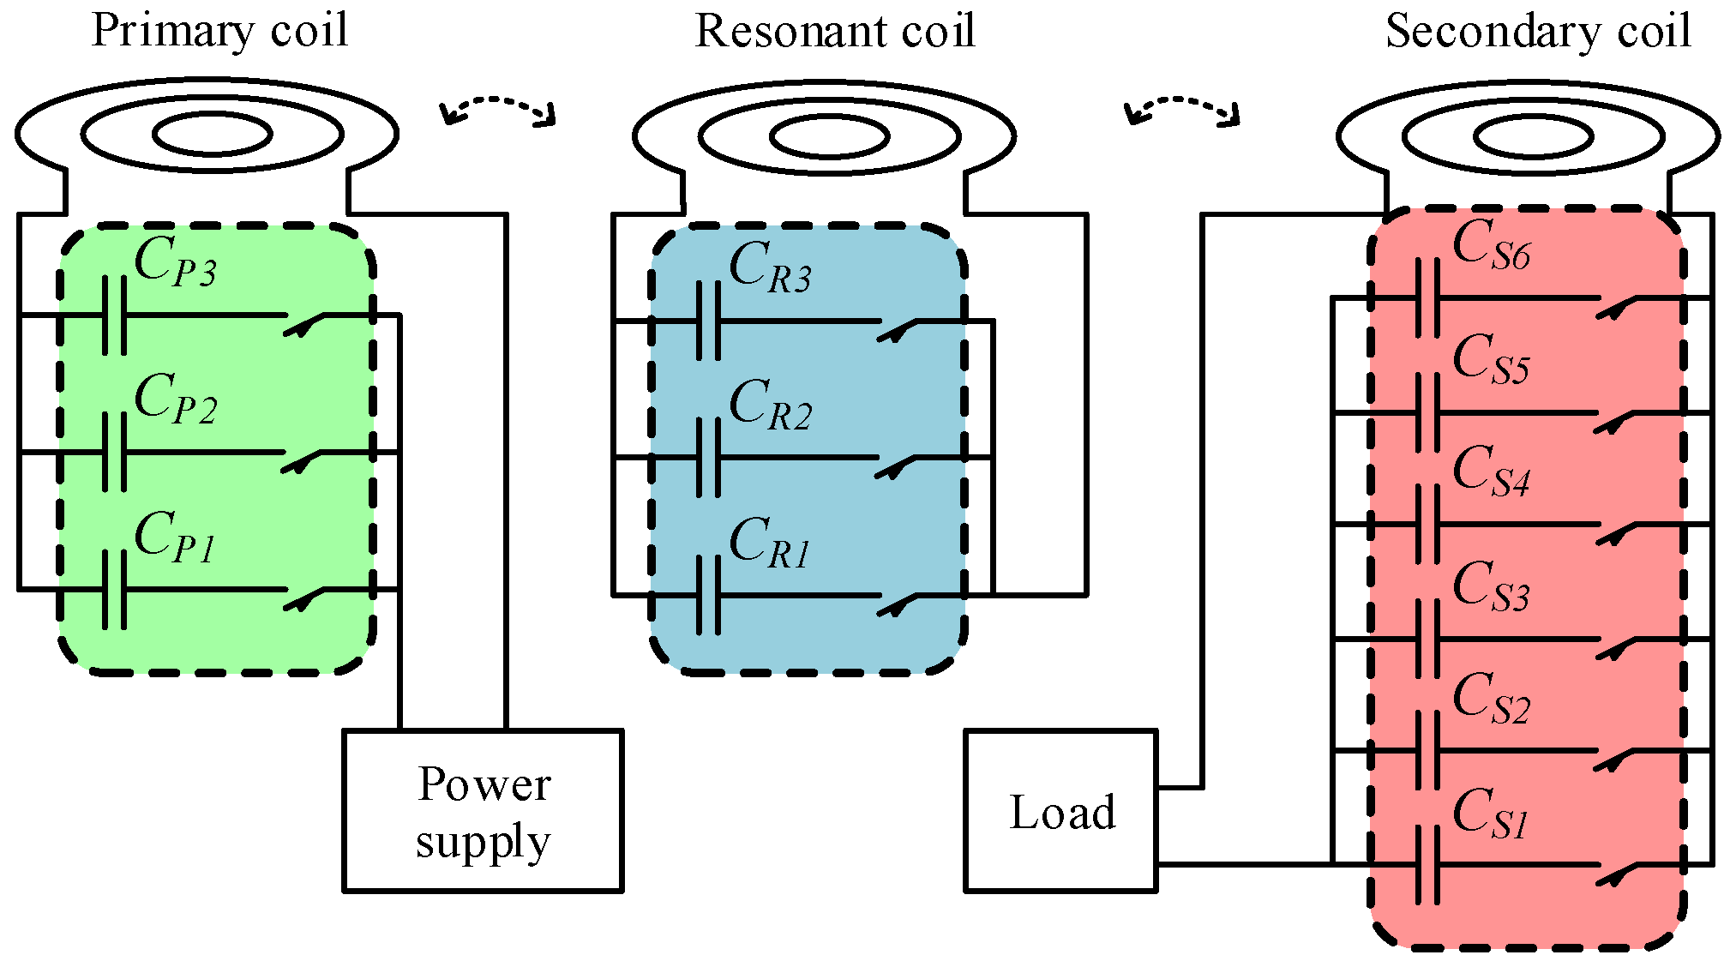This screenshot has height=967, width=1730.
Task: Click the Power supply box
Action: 483,811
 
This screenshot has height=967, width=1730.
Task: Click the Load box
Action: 1061,811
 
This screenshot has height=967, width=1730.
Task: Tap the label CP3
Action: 175,261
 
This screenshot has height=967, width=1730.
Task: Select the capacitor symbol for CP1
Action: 114,590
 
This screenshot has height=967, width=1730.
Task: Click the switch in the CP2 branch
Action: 302,459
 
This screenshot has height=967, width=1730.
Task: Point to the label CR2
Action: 770,405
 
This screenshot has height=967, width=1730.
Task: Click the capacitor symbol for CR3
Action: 709,321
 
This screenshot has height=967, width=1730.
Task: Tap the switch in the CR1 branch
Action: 897,603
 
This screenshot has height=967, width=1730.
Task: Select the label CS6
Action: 1491,245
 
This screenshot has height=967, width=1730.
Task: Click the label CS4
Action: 1491,472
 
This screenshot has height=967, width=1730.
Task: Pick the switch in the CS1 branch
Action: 1616,874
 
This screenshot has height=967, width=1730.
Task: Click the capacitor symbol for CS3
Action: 1427,639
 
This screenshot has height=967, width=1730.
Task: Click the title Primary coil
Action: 219,32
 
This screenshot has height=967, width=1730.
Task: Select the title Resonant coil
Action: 834,32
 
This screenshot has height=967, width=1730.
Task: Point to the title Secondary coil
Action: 1538,32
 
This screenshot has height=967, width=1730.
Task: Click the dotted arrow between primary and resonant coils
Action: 498,108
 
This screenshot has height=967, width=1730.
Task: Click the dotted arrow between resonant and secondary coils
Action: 1182,108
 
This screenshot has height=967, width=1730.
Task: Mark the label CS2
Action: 1491,700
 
